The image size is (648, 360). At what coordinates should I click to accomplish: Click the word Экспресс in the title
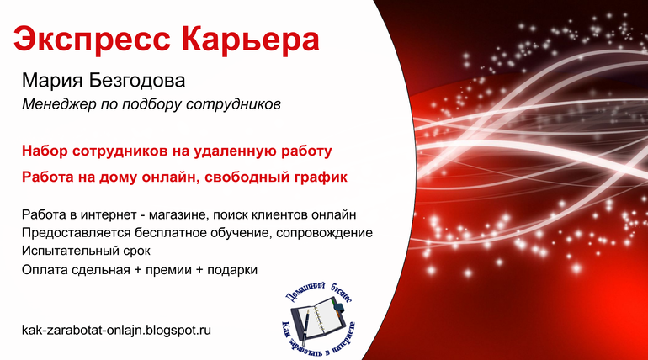(x=92, y=40)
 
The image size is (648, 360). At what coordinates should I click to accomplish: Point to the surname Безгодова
(x=137, y=80)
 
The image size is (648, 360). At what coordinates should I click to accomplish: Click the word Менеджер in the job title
(x=59, y=104)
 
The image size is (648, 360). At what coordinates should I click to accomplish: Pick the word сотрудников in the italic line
(x=233, y=104)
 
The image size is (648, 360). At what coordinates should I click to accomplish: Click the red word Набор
(x=45, y=151)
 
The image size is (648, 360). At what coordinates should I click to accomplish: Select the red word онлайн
(x=171, y=177)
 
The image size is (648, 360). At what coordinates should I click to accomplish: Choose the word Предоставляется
(x=77, y=233)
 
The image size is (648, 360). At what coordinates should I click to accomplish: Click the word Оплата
(x=45, y=270)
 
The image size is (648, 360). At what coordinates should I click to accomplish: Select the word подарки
(x=232, y=270)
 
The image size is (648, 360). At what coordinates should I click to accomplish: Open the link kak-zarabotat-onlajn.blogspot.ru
(x=116, y=330)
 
